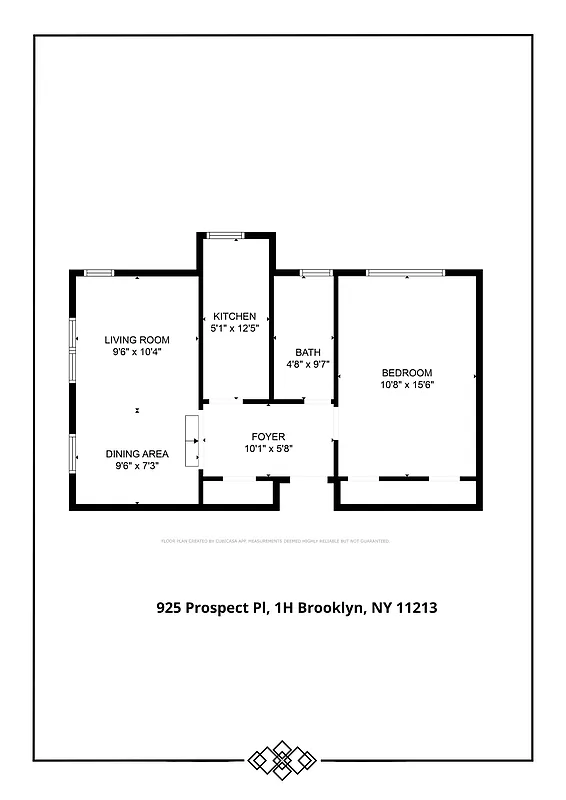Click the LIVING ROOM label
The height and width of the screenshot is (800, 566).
pos(137,340)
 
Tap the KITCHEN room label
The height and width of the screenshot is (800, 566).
pos(235,317)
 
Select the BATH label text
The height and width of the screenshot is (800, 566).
pos(307,352)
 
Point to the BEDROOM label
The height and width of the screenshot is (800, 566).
pos(407,373)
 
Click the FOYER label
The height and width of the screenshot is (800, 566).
pos(268,437)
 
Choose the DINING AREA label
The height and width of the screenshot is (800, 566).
pos(137,453)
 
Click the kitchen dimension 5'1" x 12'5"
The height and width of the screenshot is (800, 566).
pos(235,328)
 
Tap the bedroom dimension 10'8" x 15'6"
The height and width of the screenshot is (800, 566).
pos(407,384)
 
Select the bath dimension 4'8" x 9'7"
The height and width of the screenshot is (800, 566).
pos(307,364)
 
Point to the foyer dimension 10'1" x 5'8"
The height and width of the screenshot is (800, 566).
pos(268,449)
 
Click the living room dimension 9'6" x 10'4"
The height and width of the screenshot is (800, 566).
pos(137,352)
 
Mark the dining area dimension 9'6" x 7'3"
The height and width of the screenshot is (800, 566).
pos(137,465)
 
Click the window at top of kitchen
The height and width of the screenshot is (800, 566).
pos(225,235)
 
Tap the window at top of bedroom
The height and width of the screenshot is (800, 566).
pos(405,272)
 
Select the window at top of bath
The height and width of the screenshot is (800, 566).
pos(316,272)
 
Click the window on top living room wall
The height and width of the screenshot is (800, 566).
pos(98,273)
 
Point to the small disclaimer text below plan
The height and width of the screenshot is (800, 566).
pos(275,541)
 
